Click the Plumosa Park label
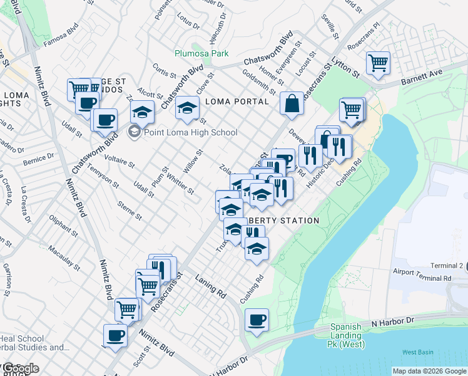[x=201, y=54]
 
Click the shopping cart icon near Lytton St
[x=378, y=65]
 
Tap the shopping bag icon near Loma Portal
[x=292, y=104]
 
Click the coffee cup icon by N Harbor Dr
[x=257, y=321]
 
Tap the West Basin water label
[x=417, y=352]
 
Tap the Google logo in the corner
[x=20, y=368]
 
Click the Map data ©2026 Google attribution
[x=429, y=371]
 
